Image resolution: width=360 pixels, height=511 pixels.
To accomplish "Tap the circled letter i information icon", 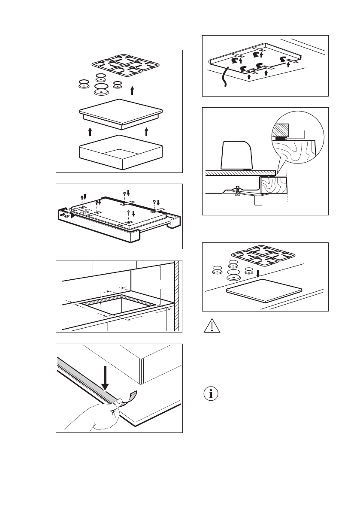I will pyautogui.click(x=211, y=394).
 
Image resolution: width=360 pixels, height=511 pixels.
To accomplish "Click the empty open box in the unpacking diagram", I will pyautogui.click(x=120, y=152).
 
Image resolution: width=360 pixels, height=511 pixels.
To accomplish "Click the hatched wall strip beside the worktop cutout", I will pyautogui.click(x=176, y=296).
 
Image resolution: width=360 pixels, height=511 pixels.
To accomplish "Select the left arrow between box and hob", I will pyautogui.click(x=90, y=131).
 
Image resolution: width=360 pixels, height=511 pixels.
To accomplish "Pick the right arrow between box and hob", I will pyautogui.click(x=147, y=131).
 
